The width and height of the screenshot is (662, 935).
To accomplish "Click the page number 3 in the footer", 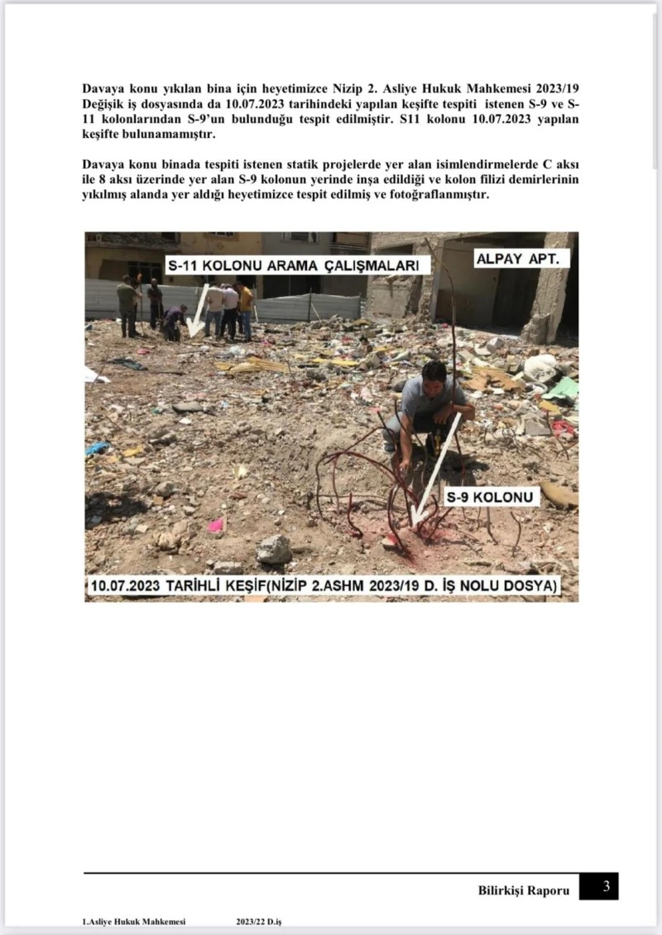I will [x=606, y=887].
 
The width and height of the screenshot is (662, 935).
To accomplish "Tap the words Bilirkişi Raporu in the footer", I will [x=524, y=890].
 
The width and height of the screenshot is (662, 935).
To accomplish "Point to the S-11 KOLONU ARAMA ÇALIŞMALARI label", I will [x=298, y=265].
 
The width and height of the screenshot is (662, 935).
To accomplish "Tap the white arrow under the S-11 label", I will [x=195, y=318].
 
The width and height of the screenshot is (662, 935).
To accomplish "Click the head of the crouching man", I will [x=432, y=373].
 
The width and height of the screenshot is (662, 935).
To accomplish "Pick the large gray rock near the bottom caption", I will [x=273, y=549].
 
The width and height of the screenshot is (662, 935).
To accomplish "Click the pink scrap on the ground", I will [x=217, y=524].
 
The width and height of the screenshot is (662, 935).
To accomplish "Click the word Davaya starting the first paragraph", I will [x=103, y=88].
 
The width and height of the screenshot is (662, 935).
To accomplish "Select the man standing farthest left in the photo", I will [x=127, y=306].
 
